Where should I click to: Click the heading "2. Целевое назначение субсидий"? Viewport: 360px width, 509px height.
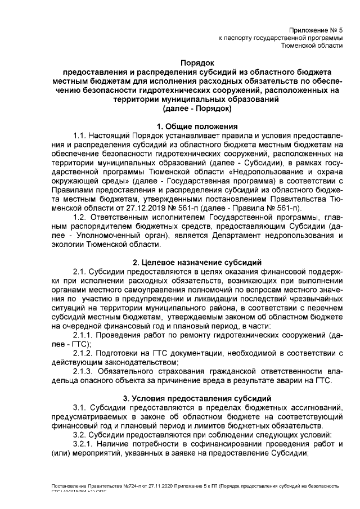(197, 262)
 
